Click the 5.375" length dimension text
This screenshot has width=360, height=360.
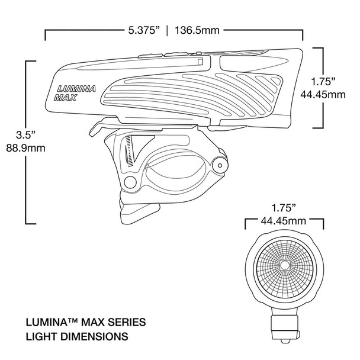point(140,29)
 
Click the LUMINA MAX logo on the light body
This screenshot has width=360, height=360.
point(71,94)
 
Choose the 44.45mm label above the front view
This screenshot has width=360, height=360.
point(284,221)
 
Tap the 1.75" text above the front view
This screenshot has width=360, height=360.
point(284,208)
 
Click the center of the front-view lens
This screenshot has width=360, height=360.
point(284,266)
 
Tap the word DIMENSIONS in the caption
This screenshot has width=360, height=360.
point(95,337)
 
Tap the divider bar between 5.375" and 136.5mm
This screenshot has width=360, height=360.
point(168,29)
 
